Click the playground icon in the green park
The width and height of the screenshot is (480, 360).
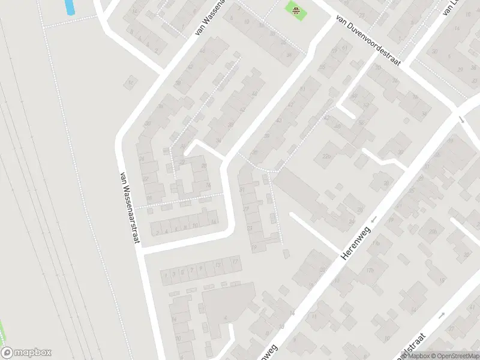[x=295, y=9]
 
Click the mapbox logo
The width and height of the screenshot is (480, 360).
[x=26, y=353]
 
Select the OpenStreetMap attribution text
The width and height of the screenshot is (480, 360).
[x=455, y=356]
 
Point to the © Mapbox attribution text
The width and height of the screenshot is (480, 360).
[x=415, y=356]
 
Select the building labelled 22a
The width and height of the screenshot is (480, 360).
[x=326, y=157]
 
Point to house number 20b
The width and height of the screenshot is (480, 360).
[x=431, y=232]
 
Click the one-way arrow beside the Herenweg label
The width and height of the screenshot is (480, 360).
[x=373, y=221]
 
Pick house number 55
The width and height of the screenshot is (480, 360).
[x=322, y=67]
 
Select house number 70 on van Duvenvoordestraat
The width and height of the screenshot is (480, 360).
[x=377, y=68]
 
